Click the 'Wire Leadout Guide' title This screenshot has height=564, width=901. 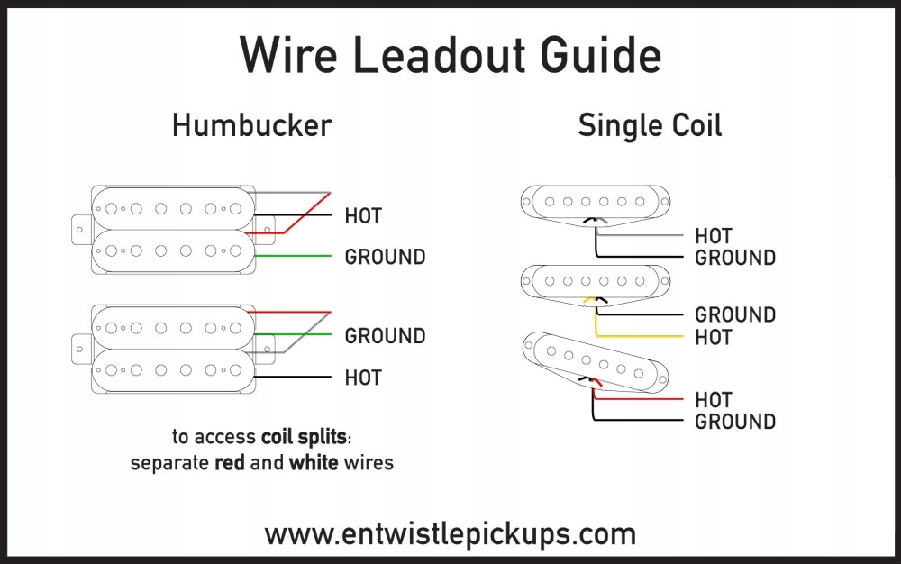coord(450,56)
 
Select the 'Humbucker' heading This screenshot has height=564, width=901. coord(251,125)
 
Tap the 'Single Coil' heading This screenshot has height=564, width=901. coord(650,125)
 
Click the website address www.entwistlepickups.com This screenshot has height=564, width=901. coord(450,533)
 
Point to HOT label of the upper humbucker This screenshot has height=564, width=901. coord(363,216)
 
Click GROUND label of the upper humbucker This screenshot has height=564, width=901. coord(385,258)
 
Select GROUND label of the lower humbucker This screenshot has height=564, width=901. coord(385,336)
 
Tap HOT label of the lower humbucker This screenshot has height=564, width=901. coord(363,378)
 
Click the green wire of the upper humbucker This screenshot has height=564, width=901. coord(293,258)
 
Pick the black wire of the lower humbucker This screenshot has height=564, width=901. coord(293,378)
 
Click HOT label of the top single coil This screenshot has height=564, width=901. coord(714,236)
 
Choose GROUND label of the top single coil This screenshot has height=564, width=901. coord(735,258)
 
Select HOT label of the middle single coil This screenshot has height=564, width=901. coord(714,338)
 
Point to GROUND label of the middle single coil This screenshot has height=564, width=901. coord(735,315)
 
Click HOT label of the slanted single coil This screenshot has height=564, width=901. coord(714,399)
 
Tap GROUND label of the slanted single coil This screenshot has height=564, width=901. coord(735,422)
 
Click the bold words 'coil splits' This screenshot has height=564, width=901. coord(304,438)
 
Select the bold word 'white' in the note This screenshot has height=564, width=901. coord(314,464)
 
